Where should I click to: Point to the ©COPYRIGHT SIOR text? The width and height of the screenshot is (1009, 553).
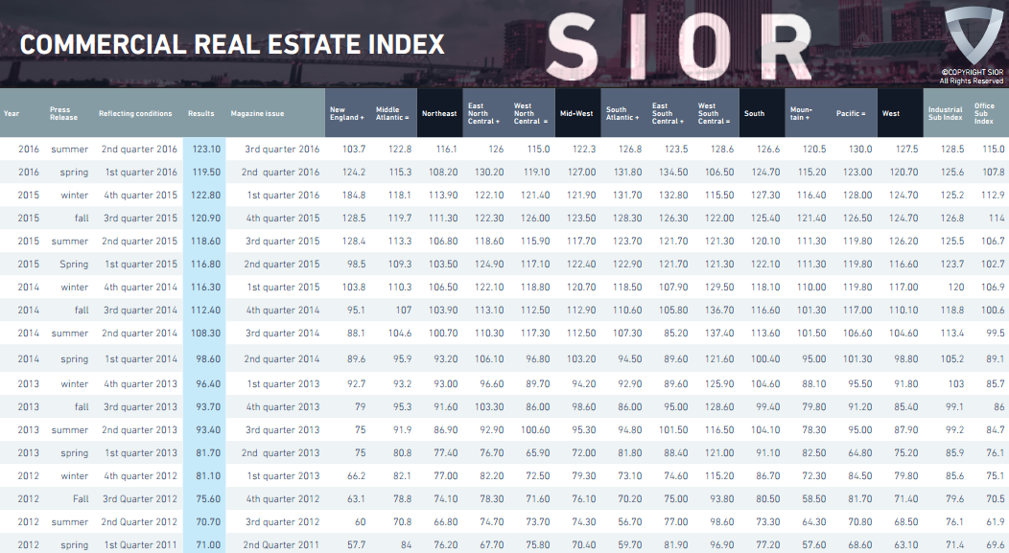click(x=972, y=73)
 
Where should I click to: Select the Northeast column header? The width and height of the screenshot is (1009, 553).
click(x=439, y=113)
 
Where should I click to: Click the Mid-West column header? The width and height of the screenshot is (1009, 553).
click(x=576, y=113)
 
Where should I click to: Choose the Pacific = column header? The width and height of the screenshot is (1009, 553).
click(x=851, y=113)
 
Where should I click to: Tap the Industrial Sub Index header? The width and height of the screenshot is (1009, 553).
click(x=946, y=113)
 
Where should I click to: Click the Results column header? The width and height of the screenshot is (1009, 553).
click(x=200, y=113)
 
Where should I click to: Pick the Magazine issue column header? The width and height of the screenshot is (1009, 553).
click(x=257, y=113)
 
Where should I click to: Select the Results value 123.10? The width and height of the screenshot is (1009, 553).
click(x=206, y=150)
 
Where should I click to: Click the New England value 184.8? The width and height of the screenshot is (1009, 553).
click(x=354, y=195)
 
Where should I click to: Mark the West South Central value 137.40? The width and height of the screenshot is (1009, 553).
click(x=719, y=334)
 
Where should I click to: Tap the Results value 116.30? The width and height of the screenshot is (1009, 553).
click(x=206, y=287)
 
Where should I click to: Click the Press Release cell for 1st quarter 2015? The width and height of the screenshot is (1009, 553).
click(x=74, y=265)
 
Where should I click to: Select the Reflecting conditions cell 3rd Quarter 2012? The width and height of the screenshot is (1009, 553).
click(x=140, y=498)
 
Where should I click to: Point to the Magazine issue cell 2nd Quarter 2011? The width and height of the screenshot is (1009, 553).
click(x=281, y=544)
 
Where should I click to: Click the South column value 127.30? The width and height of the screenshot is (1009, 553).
click(x=765, y=195)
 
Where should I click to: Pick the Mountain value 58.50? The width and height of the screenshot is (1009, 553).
click(x=813, y=498)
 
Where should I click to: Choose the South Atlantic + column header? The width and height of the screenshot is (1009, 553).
click(x=622, y=113)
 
